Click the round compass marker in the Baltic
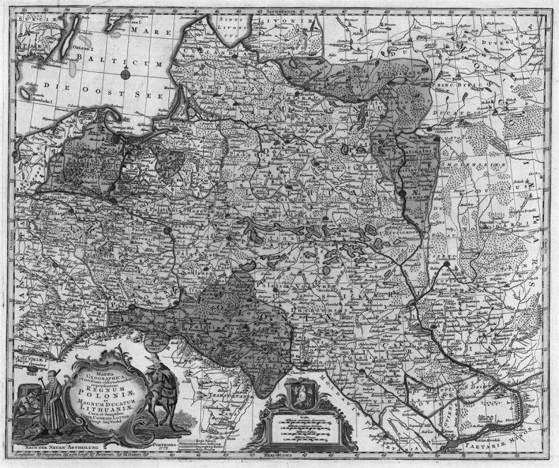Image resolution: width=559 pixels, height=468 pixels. [125, 74]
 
